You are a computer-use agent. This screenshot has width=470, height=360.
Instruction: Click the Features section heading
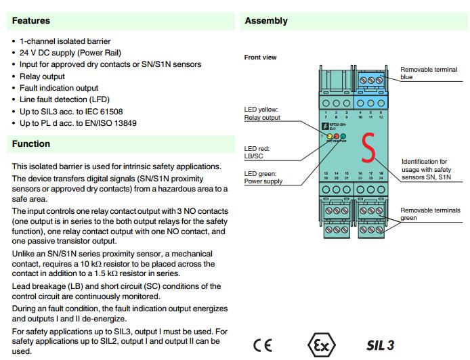(31, 21)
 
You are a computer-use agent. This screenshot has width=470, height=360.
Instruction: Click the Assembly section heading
(266, 21)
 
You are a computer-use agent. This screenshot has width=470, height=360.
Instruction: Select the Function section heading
(31, 143)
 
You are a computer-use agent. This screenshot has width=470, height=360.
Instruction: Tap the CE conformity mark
(262, 344)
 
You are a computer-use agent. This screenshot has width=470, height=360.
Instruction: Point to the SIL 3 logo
(380, 344)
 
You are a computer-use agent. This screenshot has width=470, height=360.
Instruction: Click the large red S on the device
(368, 149)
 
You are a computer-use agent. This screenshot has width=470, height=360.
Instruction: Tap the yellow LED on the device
(330, 137)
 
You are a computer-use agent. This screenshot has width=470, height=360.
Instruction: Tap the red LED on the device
(337, 137)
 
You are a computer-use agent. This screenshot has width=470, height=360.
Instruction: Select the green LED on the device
(343, 137)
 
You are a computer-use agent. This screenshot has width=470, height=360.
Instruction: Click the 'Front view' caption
(260, 58)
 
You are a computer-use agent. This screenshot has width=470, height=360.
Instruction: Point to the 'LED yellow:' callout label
(262, 109)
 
